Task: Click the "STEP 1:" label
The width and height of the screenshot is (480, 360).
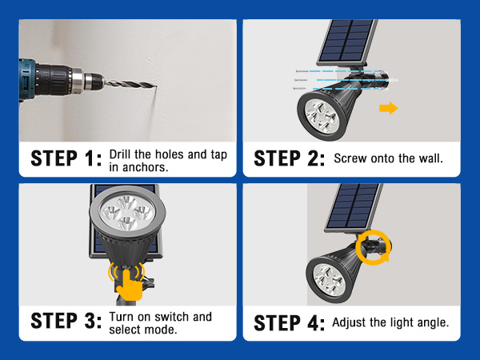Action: click(x=66, y=158)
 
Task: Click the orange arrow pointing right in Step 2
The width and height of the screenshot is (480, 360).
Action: click(x=387, y=108)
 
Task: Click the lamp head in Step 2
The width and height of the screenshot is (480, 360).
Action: click(x=328, y=114)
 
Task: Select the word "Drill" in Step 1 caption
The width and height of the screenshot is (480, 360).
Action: click(x=122, y=153)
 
